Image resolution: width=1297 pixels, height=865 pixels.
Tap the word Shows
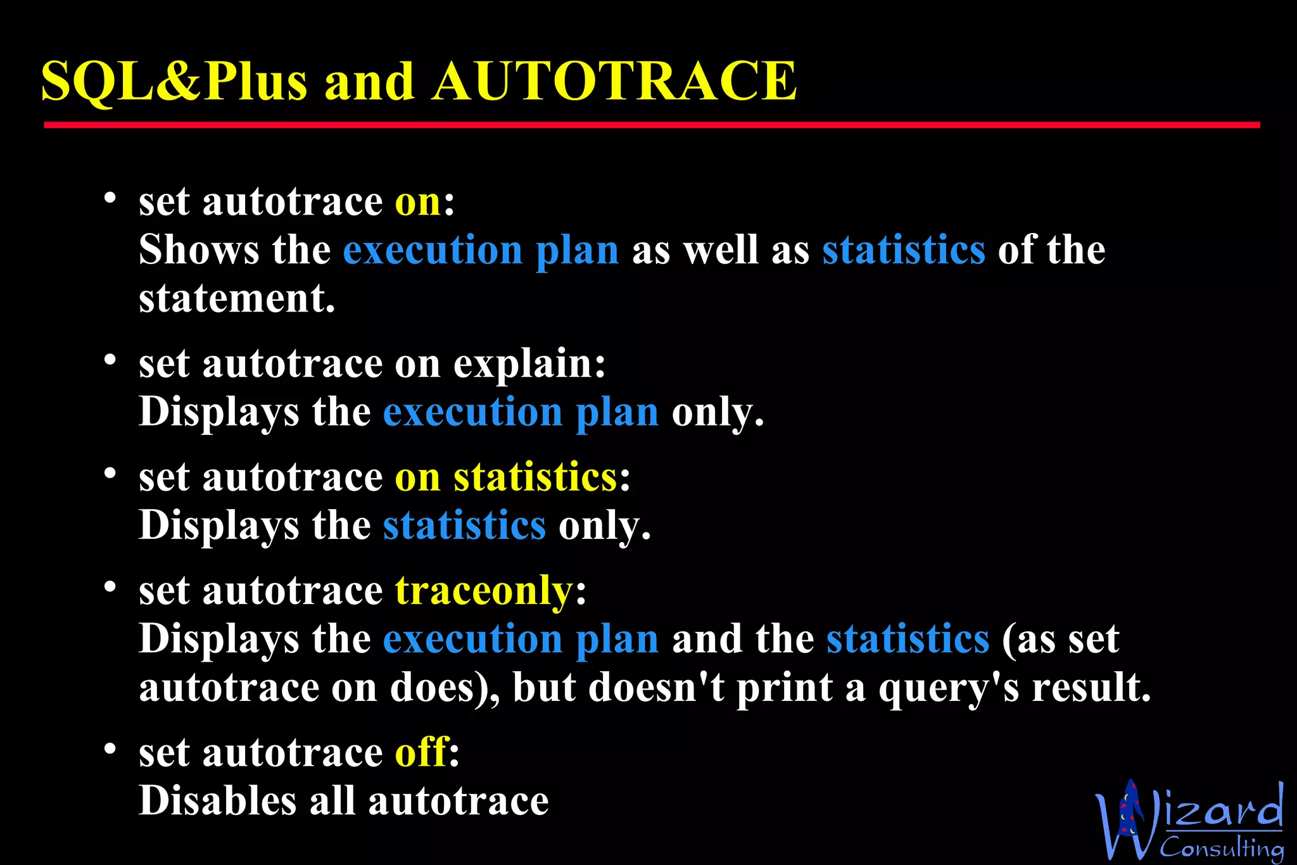coord(199,249)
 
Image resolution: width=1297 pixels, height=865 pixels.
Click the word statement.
coord(236,298)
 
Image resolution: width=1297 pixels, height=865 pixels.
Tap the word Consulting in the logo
coord(1221,847)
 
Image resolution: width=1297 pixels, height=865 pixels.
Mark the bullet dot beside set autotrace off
coord(110,749)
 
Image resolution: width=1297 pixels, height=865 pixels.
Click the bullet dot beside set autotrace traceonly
coord(110,587)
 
